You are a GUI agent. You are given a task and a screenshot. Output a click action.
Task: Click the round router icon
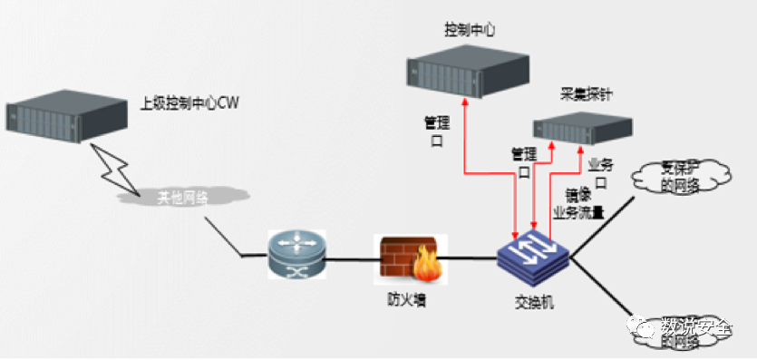(295, 254)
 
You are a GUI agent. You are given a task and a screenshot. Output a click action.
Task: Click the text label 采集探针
(589, 94)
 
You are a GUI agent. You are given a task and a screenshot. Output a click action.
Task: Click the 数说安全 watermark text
(694, 326)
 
